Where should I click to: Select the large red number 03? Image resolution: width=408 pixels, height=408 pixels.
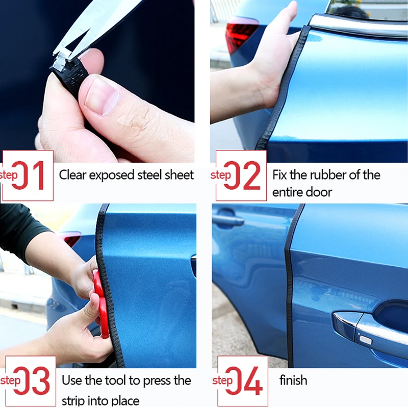(33, 381)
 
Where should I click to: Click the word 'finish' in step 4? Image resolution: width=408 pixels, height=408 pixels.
(293, 380)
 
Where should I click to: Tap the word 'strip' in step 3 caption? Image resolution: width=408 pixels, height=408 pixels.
(73, 400)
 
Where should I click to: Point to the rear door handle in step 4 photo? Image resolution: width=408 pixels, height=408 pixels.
(228, 220)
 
